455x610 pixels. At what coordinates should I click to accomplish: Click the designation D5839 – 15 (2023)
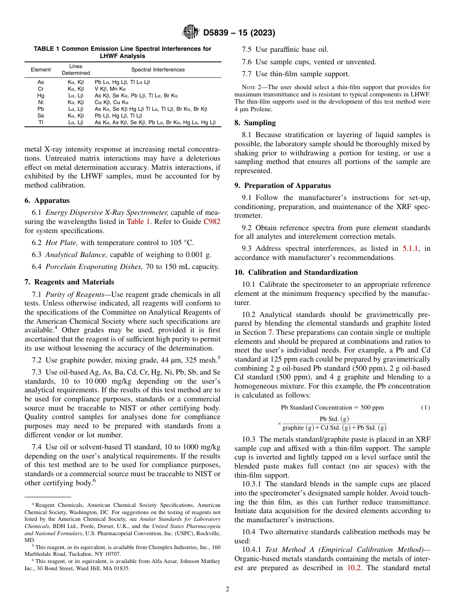[239, 33]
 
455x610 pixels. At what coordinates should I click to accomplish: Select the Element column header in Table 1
[41, 70]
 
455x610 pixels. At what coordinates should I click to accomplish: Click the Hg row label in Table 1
[41, 95]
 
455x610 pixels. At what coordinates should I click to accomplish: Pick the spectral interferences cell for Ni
[112, 102]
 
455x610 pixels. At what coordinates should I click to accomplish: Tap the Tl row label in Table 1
[41, 122]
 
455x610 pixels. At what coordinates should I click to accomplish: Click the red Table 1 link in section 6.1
[138, 222]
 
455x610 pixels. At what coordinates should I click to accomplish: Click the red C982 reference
[212, 222]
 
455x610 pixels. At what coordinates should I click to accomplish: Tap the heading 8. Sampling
[255, 123]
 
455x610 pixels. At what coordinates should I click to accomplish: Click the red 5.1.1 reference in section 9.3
[409, 248]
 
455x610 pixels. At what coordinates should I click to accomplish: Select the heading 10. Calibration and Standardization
[296, 272]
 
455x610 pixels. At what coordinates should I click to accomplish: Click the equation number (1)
[425, 408]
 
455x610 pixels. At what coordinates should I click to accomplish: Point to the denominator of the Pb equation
[334, 428]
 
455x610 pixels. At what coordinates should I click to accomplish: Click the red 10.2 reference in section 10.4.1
[355, 568]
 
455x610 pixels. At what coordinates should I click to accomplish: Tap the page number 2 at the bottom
[227, 589]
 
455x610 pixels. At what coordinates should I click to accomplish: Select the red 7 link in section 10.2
[270, 332]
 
